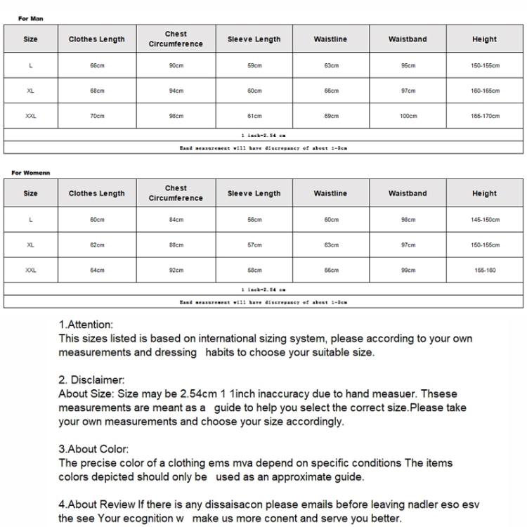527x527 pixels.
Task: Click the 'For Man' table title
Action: [x=30, y=19]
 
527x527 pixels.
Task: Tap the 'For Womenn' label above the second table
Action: [x=30, y=173]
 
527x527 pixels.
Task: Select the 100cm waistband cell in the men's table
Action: [x=408, y=116]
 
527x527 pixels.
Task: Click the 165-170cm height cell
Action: [x=485, y=116]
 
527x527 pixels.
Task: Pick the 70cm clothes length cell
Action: [x=97, y=116]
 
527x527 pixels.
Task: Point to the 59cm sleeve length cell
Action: [x=254, y=65]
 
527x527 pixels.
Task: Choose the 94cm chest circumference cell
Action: [x=176, y=91]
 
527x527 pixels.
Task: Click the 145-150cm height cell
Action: [x=485, y=220]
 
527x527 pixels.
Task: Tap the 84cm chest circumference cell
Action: [x=176, y=220]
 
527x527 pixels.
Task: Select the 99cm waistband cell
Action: [x=408, y=271]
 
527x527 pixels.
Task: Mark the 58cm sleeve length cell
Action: [x=254, y=271]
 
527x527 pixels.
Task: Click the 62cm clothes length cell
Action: [x=97, y=245]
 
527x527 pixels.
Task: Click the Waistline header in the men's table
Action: [x=330, y=39]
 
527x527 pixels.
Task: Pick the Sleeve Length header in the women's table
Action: [x=254, y=193]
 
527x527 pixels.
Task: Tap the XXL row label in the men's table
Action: [x=31, y=116]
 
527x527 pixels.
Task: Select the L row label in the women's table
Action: [x=31, y=220]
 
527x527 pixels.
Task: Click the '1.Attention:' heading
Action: [x=86, y=325]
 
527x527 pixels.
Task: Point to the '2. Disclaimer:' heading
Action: [x=91, y=380]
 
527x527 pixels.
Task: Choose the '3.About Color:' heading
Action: [x=93, y=449]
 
